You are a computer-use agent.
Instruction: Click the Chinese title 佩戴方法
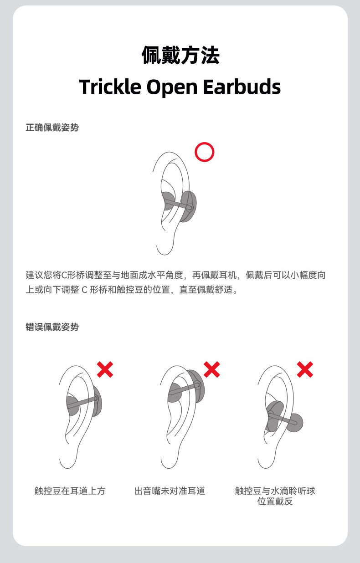point(180,55)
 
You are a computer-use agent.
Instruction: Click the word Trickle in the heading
point(110,87)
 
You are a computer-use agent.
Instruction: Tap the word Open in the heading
point(172,87)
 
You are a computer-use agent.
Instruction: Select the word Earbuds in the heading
point(242,87)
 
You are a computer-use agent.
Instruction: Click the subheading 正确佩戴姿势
point(52,128)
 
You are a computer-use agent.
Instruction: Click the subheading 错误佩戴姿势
point(52,327)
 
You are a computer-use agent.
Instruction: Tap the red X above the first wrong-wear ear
point(105,369)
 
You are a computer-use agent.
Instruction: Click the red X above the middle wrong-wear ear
point(212,369)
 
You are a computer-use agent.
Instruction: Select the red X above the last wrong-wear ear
point(305,369)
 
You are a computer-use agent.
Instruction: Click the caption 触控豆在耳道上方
point(70,491)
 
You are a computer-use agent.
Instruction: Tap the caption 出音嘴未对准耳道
point(170,491)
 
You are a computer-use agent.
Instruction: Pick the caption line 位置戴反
point(275,502)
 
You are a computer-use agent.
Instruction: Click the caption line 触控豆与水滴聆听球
point(275,491)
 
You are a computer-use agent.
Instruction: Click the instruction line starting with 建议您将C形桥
point(176,275)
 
